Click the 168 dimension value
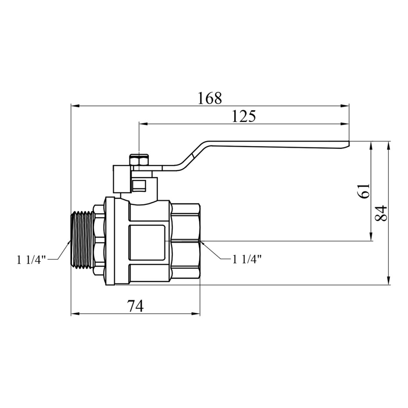tap(210, 98)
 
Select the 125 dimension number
tap(243, 116)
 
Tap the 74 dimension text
tap(135, 306)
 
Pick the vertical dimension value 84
tap(382, 213)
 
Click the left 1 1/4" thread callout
tap(31, 260)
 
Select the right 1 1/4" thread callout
tap(247, 259)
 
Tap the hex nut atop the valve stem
tap(139, 160)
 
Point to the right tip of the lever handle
tap(349, 143)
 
